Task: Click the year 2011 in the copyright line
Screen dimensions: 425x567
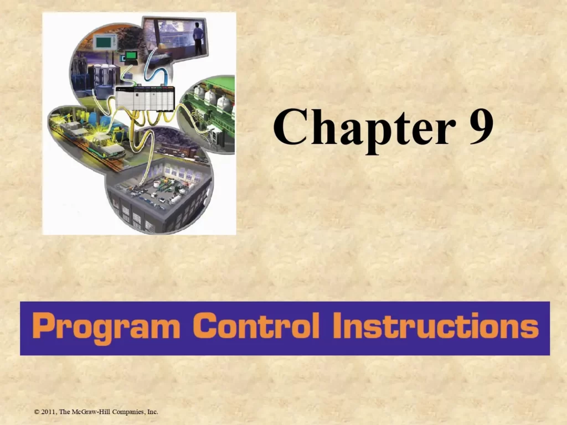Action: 48,412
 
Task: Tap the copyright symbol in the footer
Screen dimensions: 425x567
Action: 37,412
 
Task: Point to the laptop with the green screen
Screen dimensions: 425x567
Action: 131,55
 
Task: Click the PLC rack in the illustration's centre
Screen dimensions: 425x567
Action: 145,99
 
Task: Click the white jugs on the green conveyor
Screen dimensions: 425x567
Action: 213,101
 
